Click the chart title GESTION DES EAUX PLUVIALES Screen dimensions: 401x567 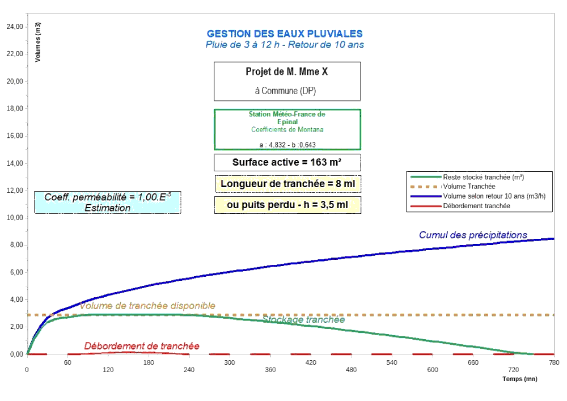[x=285, y=34]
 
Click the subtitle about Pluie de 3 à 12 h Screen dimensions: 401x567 [x=285, y=45]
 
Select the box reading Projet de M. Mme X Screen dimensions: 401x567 [x=287, y=72]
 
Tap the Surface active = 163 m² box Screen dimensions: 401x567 [x=287, y=162]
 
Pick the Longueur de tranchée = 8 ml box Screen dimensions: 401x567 [x=287, y=184]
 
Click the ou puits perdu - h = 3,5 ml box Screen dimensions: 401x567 [x=287, y=205]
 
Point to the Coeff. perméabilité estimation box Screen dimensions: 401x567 [x=108, y=202]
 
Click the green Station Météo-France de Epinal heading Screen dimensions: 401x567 [x=287, y=118]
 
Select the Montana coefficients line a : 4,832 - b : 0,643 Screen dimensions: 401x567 [x=287, y=145]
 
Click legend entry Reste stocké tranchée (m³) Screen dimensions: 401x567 [x=483, y=177]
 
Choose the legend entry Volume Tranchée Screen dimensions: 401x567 [x=469, y=186]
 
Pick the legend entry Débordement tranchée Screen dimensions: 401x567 [x=476, y=205]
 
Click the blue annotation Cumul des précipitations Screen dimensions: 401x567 [x=473, y=235]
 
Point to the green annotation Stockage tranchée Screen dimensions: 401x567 [x=303, y=319]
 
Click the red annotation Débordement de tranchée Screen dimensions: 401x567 [x=142, y=346]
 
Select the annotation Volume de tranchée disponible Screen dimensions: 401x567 [x=147, y=306]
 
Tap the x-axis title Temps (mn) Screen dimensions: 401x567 [x=519, y=379]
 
